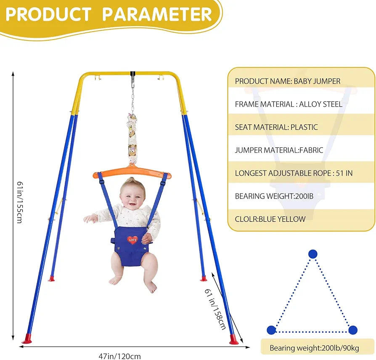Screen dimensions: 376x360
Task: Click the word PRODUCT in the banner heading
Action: pos(48,14)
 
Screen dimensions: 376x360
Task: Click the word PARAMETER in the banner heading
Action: pos(157,14)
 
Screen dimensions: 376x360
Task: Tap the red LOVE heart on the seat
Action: pos(132,240)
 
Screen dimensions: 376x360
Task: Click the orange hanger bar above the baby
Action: pos(132,173)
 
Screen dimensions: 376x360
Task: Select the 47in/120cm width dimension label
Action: pos(120,356)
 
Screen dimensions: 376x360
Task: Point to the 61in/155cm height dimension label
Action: pos(20,202)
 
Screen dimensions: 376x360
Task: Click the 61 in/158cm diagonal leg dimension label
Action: pos(215,309)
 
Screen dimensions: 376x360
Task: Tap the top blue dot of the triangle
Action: pos(312,254)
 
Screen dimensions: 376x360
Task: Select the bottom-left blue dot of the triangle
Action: pos(271,330)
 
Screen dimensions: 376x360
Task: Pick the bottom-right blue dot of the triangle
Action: pos(353,330)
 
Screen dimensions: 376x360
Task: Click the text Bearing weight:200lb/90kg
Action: pos(314,348)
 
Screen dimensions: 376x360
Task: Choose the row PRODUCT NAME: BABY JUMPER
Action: pos(288,81)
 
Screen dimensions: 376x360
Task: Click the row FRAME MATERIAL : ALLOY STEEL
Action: pos(289,104)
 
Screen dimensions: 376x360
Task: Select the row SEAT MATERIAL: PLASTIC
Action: pos(276,127)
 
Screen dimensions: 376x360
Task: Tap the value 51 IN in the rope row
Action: pos(344,173)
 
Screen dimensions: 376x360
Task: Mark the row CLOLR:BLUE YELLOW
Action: pos(270,219)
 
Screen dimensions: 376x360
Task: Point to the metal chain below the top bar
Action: pos(132,100)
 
